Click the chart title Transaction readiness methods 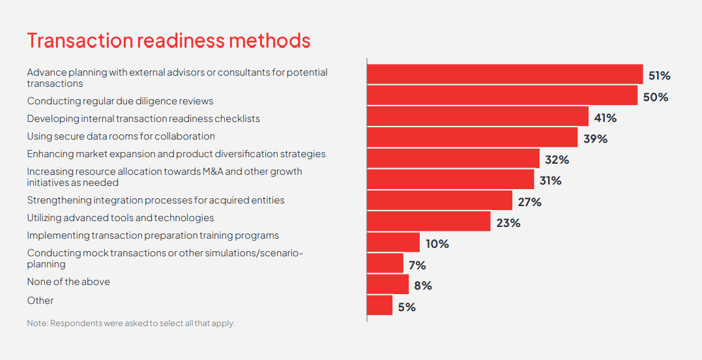(x=168, y=40)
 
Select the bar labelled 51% (x=505, y=74)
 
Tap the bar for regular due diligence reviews (x=502, y=95)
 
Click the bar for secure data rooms (x=472, y=137)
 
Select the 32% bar (x=453, y=158)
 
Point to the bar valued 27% (x=439, y=200)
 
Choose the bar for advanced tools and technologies (x=428, y=221)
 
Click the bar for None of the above (x=388, y=284)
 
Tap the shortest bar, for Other (x=379, y=305)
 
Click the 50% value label (x=656, y=97)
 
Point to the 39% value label (x=595, y=139)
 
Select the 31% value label (x=550, y=181)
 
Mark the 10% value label (x=437, y=244)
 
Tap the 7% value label (x=417, y=265)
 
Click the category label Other (x=40, y=301)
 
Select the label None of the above (x=68, y=282)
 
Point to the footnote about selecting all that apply (x=130, y=323)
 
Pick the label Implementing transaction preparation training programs (x=153, y=235)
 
